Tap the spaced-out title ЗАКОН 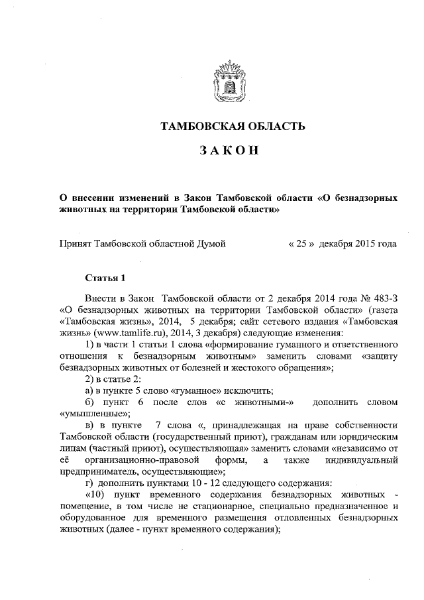click(229, 151)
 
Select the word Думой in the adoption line click(211, 243)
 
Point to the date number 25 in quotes click(300, 243)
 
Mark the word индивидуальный click(364, 459)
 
